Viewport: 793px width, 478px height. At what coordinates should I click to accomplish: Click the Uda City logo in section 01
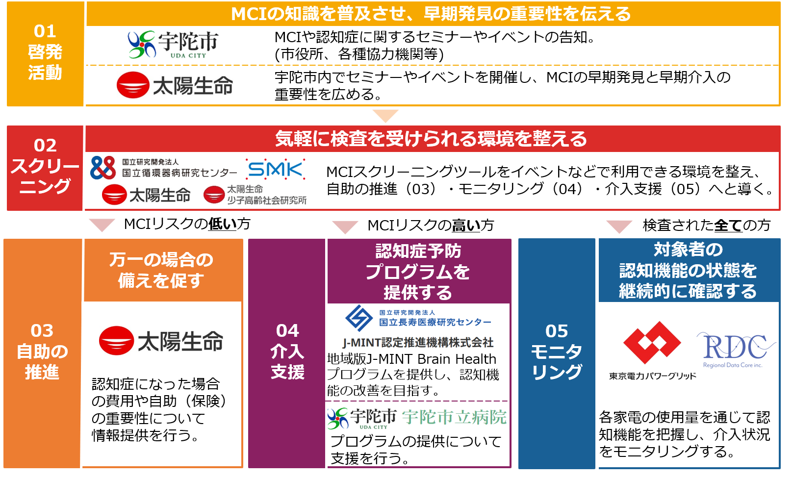tap(173, 44)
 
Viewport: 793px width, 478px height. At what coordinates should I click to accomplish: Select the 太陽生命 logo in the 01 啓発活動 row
tap(175, 85)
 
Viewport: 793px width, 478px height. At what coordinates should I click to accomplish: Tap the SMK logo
tap(275, 169)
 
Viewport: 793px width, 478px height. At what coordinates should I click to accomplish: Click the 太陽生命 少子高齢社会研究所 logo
tap(255, 195)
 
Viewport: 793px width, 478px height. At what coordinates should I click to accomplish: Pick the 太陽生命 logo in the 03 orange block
tap(161, 341)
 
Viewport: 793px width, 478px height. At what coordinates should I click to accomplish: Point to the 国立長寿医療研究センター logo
tap(418, 318)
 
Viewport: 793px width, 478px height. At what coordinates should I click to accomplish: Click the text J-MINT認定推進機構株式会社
tap(418, 343)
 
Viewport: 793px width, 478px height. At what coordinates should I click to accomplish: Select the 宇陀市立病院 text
tap(454, 418)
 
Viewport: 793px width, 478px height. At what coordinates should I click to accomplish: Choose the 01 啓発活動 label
tap(45, 52)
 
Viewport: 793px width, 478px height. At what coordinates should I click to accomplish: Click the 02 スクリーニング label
tap(45, 166)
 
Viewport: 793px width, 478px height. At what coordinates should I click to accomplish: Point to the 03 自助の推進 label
tap(42, 352)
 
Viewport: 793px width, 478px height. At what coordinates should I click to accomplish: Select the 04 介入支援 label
tap(287, 352)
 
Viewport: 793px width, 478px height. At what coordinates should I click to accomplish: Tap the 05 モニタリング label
tap(557, 352)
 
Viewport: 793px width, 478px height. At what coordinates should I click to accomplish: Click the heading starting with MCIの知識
tap(431, 14)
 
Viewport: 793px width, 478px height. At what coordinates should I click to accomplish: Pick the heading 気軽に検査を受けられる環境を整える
tap(431, 139)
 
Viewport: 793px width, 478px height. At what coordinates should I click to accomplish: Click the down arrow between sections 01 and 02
tap(385, 116)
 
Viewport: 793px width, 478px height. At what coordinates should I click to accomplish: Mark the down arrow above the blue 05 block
tap(619, 226)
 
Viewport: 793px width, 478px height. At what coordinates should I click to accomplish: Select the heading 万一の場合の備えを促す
tap(161, 270)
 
